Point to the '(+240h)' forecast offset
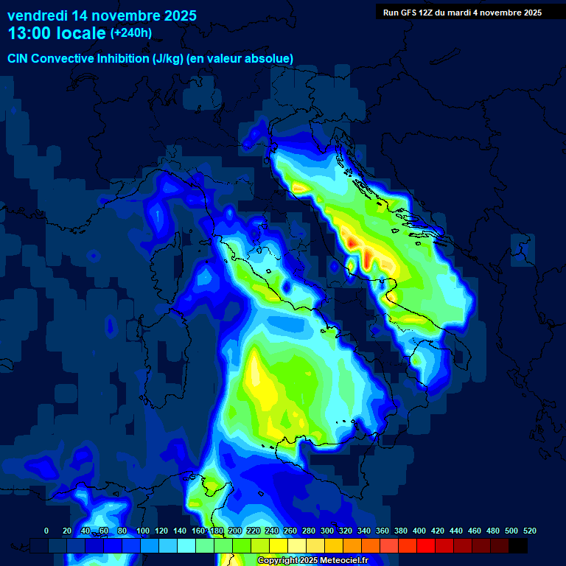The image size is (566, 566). click(130, 33)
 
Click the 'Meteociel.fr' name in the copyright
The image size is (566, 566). click(349, 561)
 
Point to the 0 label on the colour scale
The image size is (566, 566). click(46, 531)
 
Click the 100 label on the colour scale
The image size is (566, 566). click(143, 531)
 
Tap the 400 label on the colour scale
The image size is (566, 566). click(419, 531)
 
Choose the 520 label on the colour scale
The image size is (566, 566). click(530, 531)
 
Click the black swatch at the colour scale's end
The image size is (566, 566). click(518, 546)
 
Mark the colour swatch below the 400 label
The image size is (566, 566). click(426, 546)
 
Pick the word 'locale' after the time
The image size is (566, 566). click(79, 33)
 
